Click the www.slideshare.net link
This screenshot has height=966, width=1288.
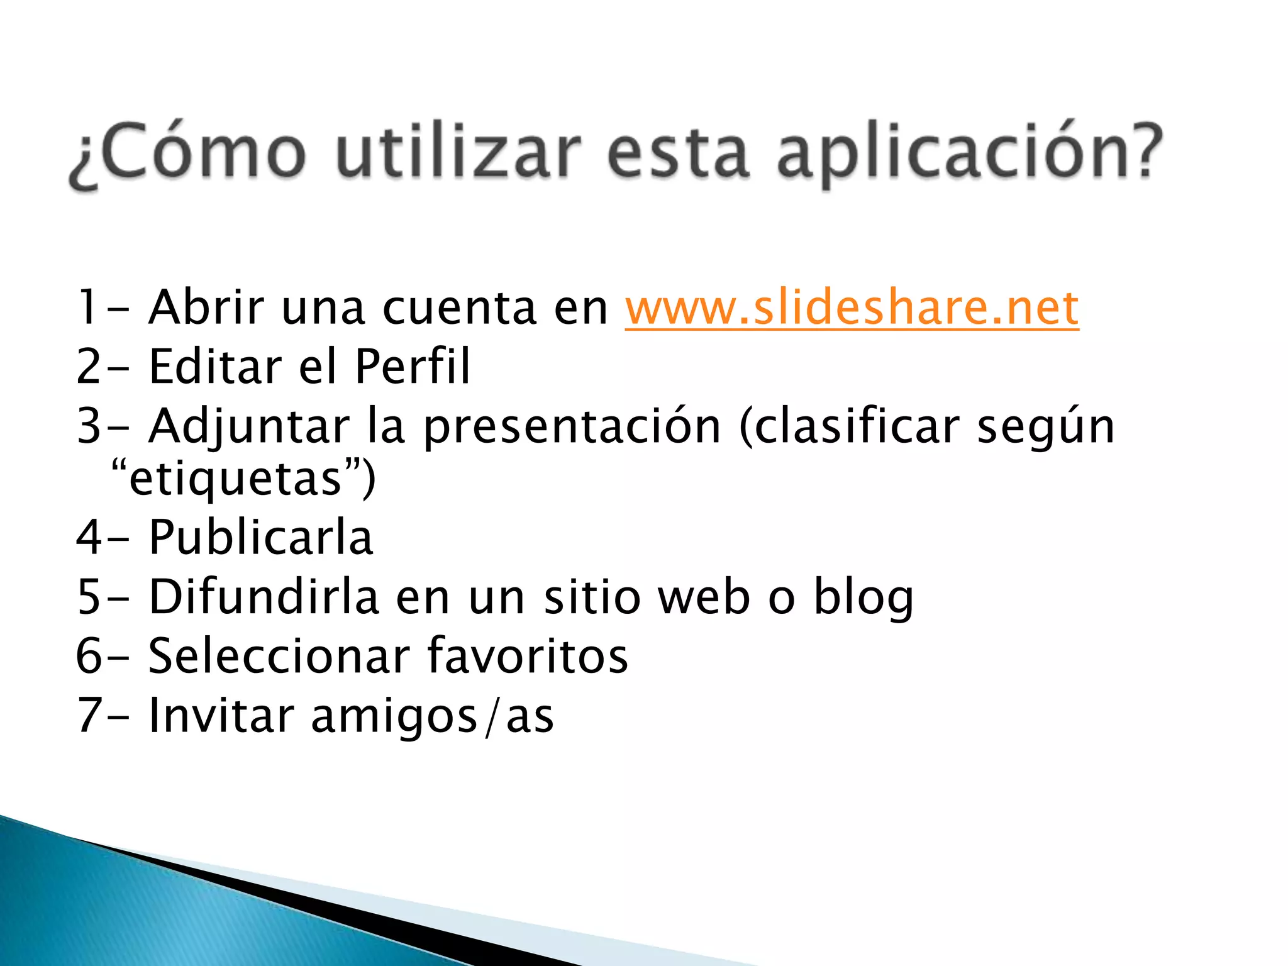point(852,308)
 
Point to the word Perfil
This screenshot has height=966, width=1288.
point(412,366)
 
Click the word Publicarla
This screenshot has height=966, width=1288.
point(261,538)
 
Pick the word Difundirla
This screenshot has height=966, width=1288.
point(264,597)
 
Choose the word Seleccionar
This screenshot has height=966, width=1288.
point(279,656)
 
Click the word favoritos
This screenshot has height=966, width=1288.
point(528,656)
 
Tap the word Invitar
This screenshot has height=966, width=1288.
point(221,716)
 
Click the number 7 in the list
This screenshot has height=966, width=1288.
point(89,716)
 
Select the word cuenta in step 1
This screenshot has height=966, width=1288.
point(459,308)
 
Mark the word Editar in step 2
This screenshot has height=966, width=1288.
point(216,366)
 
